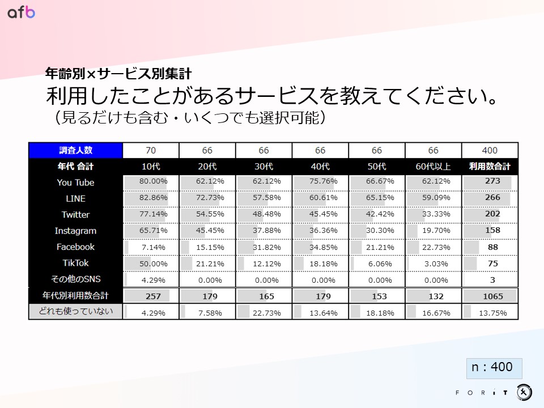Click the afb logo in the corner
tap(21, 12)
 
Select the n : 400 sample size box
tap(492, 367)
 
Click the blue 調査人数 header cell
tap(75, 150)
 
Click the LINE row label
tap(75, 198)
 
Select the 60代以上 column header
tap(433, 167)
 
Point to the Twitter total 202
tap(490, 214)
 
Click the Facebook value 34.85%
tap(323, 247)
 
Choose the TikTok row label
tap(75, 263)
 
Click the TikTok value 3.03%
tap(436, 263)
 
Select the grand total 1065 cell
tap(490, 296)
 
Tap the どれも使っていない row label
tap(75, 311)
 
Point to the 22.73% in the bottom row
tap(266, 312)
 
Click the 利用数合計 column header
tap(490, 167)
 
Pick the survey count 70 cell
tap(151, 150)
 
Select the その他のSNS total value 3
tap(490, 280)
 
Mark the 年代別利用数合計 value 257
tap(153, 296)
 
